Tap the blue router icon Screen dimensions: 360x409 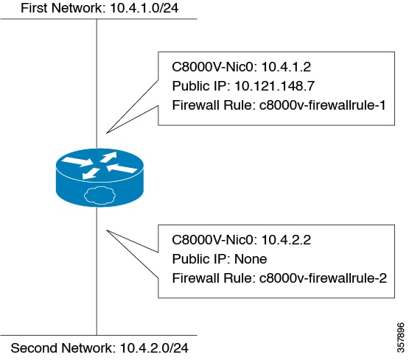coord(97,176)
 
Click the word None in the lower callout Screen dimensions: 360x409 coord(250,258)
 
